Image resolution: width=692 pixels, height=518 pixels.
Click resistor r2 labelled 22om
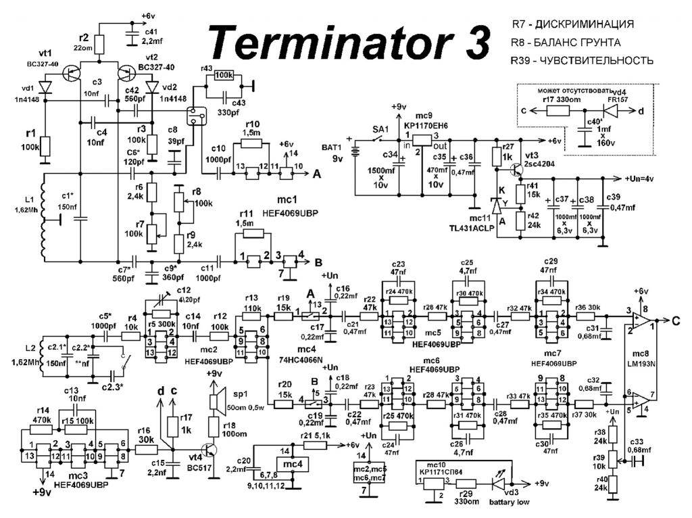[99, 45]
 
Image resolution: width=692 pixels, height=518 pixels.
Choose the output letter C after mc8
[676, 321]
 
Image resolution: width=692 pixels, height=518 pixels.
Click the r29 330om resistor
[466, 484]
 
